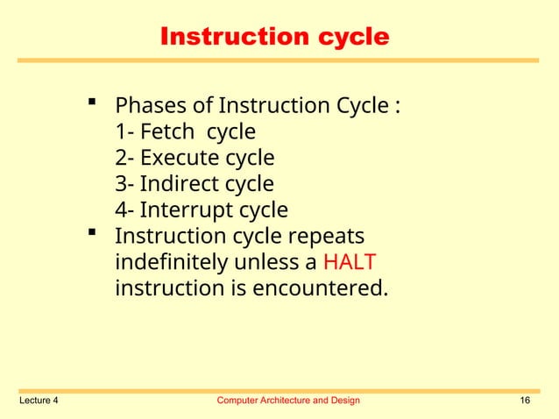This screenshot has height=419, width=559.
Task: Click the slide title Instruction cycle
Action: coord(273,37)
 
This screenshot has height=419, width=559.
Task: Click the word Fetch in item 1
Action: coord(166,132)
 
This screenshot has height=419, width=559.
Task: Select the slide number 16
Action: coord(525,401)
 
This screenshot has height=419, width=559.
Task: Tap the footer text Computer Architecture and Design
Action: coord(287,401)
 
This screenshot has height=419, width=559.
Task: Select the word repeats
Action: coord(328,238)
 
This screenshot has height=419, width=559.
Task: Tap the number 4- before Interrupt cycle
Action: coord(124,211)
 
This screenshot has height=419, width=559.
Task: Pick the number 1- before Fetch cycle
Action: coord(124,132)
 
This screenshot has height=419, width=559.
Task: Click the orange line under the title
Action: coord(279,60)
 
